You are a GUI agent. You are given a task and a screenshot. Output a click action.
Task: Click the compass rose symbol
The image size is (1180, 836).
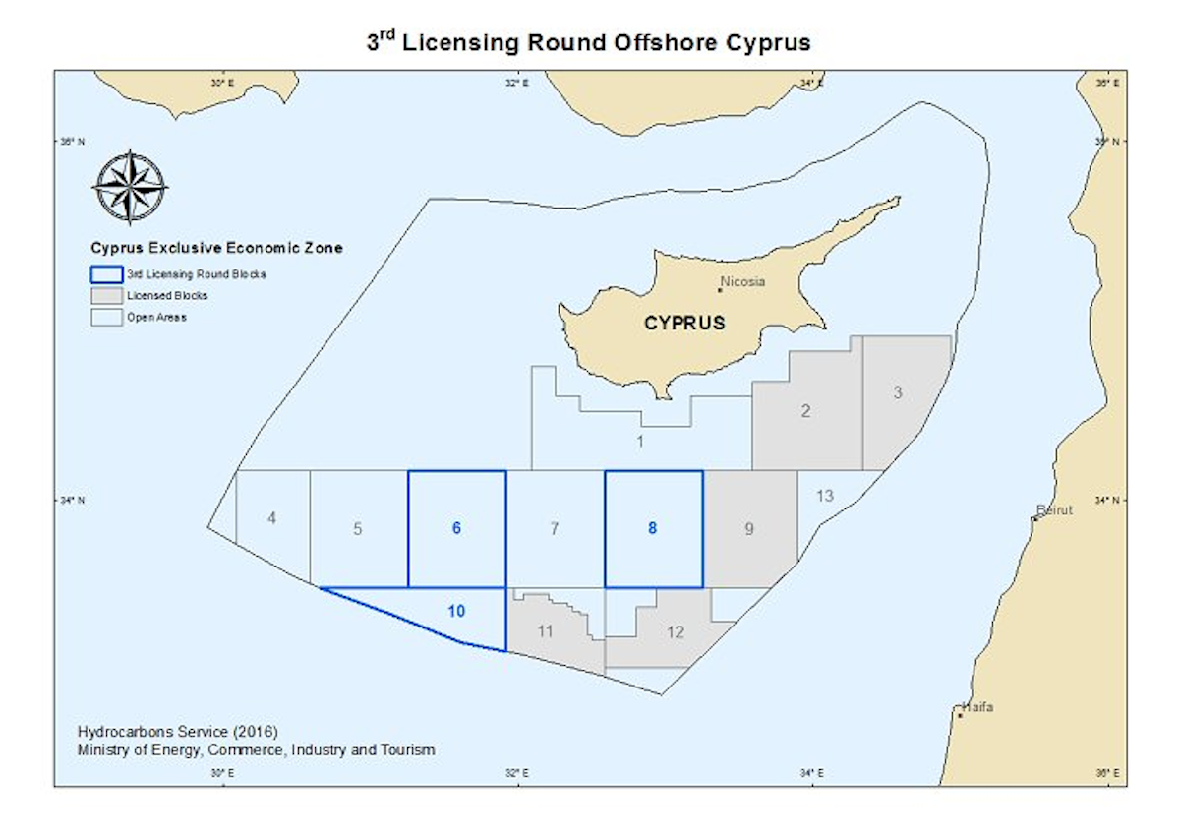(130, 186)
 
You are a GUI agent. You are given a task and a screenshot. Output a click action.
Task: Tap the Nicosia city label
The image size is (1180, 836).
(742, 282)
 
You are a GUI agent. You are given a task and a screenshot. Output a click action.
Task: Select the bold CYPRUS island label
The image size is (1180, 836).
(684, 322)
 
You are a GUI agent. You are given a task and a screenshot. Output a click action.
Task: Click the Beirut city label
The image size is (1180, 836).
(1057, 509)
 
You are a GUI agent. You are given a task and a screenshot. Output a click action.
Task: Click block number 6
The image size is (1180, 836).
(456, 528)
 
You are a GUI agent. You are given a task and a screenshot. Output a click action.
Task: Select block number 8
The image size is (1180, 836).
(652, 528)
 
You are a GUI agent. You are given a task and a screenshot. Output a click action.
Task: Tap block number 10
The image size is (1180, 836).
(456, 611)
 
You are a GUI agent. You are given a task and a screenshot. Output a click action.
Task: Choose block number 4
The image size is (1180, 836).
(271, 518)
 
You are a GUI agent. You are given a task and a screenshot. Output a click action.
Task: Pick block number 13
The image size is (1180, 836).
(824, 496)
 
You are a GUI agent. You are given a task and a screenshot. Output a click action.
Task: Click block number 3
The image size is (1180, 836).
(897, 392)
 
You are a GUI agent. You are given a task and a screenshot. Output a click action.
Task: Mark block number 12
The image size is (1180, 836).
(675, 632)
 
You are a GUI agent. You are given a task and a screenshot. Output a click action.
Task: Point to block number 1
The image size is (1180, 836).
(640, 442)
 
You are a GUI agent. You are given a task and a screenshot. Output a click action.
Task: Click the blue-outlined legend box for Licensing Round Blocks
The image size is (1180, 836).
(105, 274)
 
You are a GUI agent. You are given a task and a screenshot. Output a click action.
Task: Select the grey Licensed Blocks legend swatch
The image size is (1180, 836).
(105, 295)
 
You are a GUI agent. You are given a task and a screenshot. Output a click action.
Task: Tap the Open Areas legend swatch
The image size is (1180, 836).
(105, 317)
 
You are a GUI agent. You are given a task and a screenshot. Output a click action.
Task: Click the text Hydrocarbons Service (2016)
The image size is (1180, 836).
(177, 732)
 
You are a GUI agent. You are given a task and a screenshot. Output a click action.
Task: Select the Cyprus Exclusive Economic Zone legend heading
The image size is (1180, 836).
(216, 248)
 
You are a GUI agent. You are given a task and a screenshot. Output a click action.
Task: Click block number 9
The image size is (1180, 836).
(749, 530)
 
